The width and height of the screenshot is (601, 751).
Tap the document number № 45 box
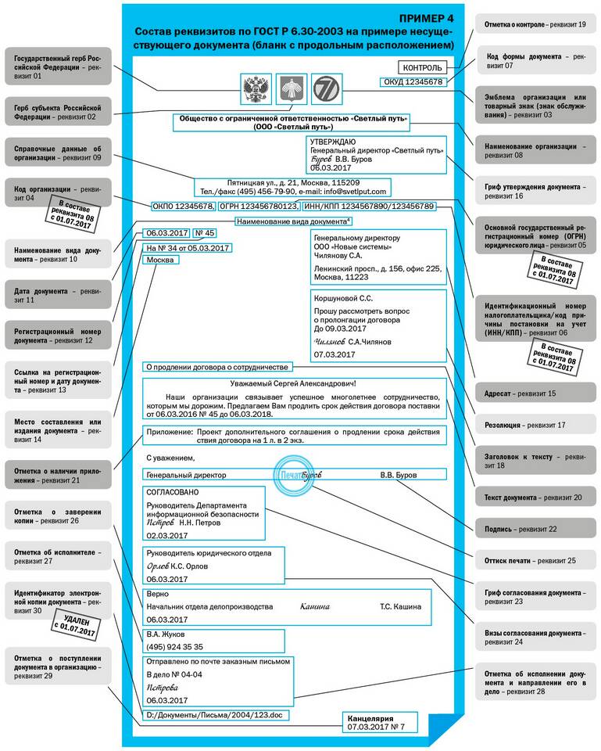click(x=204, y=233)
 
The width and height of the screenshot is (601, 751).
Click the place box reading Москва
click(x=162, y=261)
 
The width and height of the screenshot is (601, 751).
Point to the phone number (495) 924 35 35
click(x=175, y=647)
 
